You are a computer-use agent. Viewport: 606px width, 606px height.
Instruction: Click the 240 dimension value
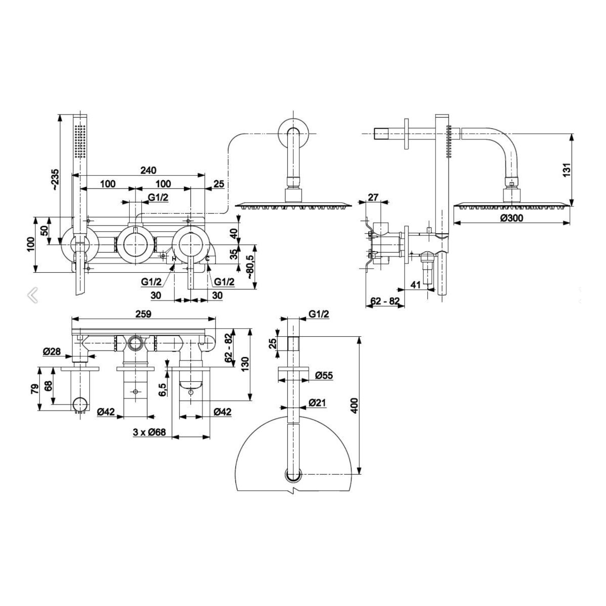147,170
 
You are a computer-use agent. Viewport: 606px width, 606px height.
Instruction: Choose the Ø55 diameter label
324,376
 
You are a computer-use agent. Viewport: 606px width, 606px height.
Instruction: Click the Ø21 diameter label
324,402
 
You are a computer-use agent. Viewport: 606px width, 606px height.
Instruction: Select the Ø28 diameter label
52,352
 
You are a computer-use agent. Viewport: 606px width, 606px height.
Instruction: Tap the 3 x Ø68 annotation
150,433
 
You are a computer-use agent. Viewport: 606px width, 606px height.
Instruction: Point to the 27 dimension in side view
373,197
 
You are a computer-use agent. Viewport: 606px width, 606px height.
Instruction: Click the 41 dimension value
416,285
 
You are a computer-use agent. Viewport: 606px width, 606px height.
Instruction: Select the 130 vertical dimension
245,363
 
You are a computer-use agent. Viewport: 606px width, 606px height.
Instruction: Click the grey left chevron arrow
33,295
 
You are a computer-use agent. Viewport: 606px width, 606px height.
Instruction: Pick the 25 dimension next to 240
219,184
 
